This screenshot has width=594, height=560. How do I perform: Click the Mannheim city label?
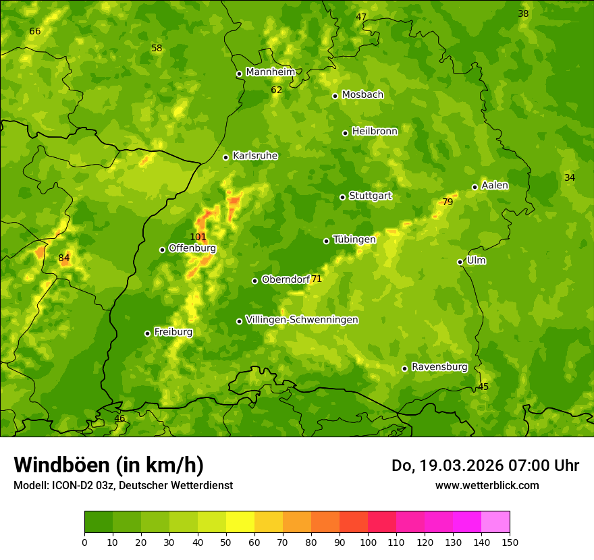(x=271, y=72)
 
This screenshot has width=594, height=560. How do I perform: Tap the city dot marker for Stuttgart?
(x=342, y=197)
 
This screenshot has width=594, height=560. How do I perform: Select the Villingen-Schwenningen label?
(x=302, y=320)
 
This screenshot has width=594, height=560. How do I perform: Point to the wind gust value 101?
(x=198, y=237)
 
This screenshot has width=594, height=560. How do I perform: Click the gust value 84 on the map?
(x=63, y=258)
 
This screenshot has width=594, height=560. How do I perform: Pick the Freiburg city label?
(x=173, y=332)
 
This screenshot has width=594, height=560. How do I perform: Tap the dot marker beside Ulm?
(x=460, y=262)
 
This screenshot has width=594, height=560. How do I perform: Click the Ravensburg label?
(x=439, y=367)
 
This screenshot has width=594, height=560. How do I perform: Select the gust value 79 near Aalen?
(x=447, y=202)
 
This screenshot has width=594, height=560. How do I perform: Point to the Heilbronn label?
(x=375, y=132)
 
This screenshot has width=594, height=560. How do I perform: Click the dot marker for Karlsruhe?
(x=225, y=157)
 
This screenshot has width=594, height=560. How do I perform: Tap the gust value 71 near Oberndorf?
(x=317, y=279)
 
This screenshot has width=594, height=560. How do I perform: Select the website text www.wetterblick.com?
(x=487, y=485)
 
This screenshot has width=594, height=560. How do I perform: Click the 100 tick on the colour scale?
(x=368, y=542)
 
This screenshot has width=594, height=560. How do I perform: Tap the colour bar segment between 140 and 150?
(x=495, y=522)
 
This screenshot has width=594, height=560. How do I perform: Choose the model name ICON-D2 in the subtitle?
(x=71, y=485)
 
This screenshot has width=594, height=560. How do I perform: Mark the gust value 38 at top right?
(x=523, y=13)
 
